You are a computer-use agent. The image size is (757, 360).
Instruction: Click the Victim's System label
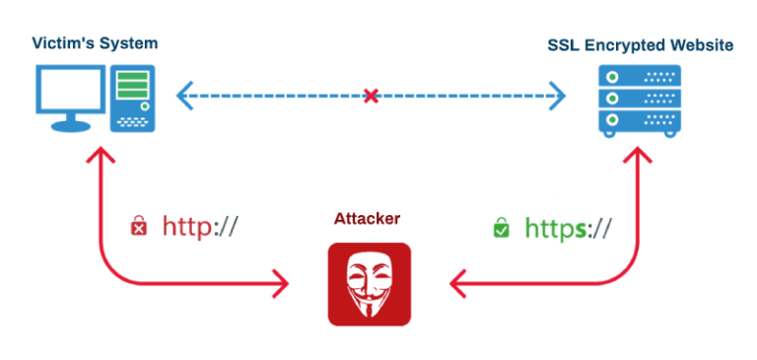pos(95,42)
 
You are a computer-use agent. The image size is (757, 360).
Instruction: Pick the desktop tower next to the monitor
pos(133,97)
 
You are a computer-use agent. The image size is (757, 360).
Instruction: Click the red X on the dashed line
pos(371,97)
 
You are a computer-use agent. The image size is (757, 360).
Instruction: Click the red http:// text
pos(200,227)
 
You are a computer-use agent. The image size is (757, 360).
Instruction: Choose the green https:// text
pos(567,228)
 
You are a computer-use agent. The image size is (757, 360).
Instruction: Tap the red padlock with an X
pos(139,228)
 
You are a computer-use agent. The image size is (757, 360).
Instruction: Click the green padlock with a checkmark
pos(502,228)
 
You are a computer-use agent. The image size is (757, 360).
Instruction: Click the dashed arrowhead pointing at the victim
pos(183,97)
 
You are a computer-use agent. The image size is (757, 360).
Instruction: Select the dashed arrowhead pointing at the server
pos(558,97)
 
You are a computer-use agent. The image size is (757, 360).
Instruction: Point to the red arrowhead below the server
pos(639,158)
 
